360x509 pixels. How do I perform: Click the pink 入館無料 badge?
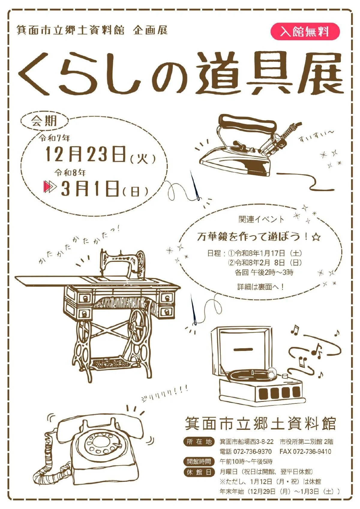305,31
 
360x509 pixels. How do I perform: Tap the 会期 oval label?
44,121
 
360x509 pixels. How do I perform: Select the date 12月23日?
85,154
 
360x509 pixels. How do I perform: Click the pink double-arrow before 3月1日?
50,187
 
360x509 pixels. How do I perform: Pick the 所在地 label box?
199,442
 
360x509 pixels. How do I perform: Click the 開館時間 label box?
199,461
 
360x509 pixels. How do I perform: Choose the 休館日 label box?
199,472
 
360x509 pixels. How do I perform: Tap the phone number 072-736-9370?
252,452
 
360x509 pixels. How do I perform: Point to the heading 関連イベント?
261,219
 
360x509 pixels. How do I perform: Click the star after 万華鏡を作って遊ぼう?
316,237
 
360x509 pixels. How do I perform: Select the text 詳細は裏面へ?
260,287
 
